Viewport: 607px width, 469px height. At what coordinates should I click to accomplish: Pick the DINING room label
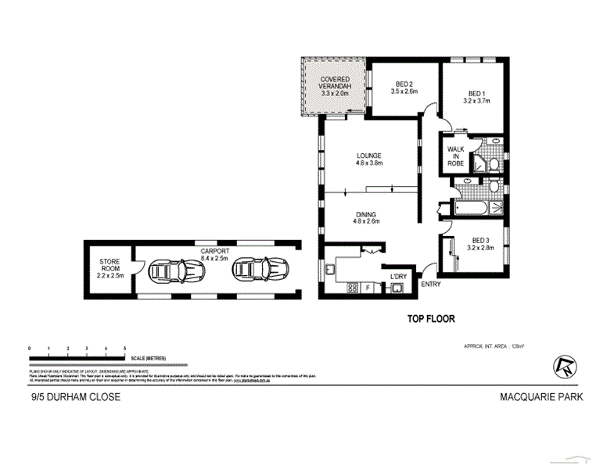click(367, 214)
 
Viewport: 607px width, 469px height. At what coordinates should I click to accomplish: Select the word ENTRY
click(431, 285)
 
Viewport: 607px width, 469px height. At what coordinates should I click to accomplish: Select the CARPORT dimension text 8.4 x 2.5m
click(214, 257)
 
